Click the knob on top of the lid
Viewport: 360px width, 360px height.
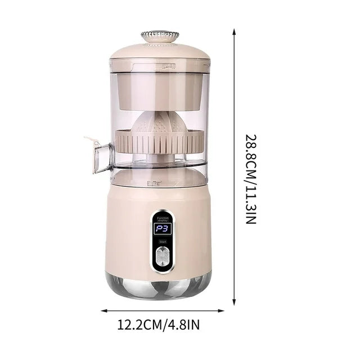(159, 36)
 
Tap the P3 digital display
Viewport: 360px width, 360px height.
(161, 229)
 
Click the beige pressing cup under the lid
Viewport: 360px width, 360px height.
(160, 90)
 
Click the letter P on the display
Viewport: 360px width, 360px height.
(156, 229)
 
